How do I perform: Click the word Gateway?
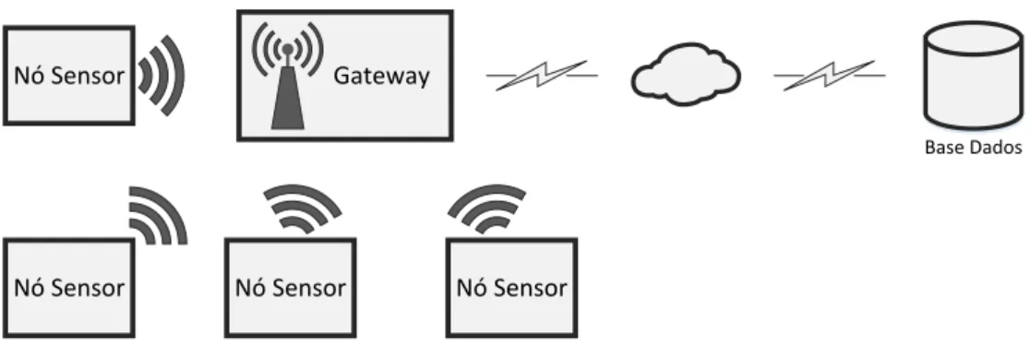pyautogui.click(x=382, y=77)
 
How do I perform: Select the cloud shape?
pyautogui.click(x=686, y=74)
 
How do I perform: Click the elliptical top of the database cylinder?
pyautogui.click(x=974, y=39)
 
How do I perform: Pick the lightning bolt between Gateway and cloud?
pyautogui.click(x=542, y=75)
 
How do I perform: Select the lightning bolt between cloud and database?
pyautogui.click(x=829, y=75)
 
